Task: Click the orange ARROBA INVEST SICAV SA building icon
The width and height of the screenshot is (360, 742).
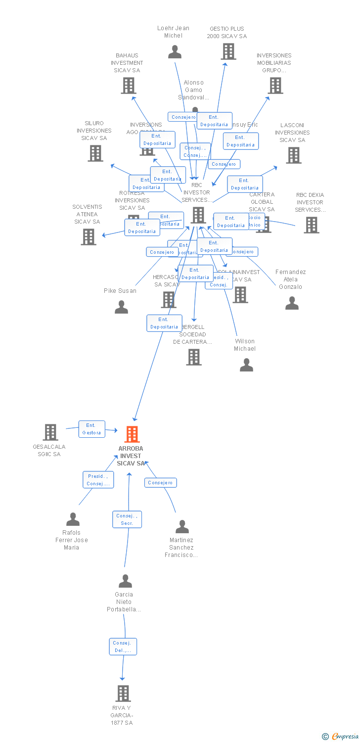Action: [132, 434]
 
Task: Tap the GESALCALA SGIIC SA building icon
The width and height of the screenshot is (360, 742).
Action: [50, 432]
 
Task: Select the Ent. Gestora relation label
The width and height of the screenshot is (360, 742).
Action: [92, 429]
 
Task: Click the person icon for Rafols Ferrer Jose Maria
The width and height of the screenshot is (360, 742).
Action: [73, 519]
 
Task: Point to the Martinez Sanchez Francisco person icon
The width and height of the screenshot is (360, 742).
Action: [182, 527]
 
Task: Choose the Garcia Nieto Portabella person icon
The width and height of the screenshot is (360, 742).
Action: [125, 581]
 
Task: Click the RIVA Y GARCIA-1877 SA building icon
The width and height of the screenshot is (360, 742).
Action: [123, 694]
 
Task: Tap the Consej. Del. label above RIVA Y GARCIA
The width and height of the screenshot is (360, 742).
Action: [123, 647]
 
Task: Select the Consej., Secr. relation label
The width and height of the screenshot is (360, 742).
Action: [127, 519]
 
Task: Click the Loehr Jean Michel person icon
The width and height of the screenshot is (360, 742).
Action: [175, 51]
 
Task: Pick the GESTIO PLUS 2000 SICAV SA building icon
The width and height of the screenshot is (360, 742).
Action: [228, 51]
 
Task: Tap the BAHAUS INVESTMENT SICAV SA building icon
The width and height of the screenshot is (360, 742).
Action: [129, 86]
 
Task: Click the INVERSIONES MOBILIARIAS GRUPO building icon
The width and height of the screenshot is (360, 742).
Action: [275, 86]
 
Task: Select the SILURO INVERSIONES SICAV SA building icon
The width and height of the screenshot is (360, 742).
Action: [95, 153]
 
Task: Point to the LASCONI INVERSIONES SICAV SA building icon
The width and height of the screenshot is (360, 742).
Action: [294, 155]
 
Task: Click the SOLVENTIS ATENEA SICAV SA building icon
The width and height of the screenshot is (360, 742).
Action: [89, 237]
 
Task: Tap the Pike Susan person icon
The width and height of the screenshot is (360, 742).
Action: [121, 307]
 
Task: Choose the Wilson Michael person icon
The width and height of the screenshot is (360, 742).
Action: [246, 365]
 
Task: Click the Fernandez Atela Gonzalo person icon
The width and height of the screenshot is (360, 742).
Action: [292, 303]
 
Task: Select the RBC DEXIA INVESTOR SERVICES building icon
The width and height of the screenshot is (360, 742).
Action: [311, 225]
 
